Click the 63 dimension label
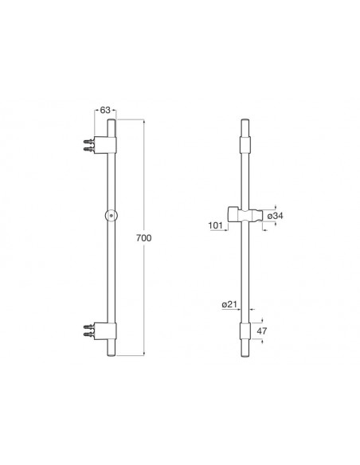[x=105, y=110]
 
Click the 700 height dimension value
[x=144, y=238]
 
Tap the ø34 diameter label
[x=275, y=216]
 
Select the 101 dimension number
[x=215, y=225]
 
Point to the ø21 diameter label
[x=229, y=304]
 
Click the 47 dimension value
[x=261, y=330]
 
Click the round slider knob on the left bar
[x=112, y=215]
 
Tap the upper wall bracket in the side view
[x=105, y=145]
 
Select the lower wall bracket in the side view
[x=105, y=331]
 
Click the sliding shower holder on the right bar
[x=245, y=214]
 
